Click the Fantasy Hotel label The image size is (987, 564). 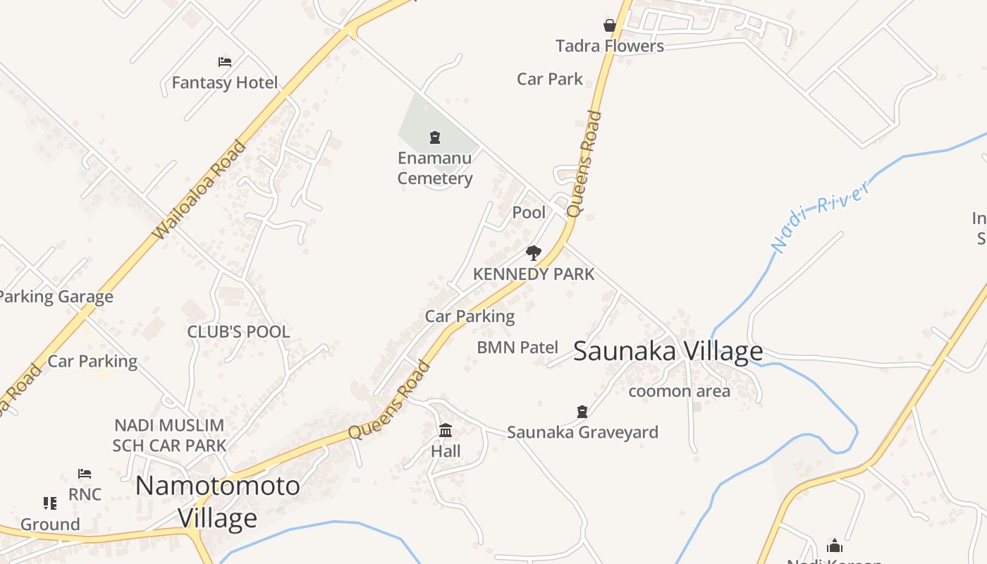(x=225, y=82)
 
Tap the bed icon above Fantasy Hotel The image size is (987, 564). (x=225, y=62)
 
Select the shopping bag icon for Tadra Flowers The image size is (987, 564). (x=610, y=26)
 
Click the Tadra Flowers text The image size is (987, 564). (x=610, y=46)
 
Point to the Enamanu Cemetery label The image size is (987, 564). (x=434, y=168)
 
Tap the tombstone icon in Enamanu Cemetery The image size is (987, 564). (x=434, y=137)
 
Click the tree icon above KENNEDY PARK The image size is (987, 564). (x=534, y=253)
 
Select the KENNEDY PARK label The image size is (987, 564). (x=534, y=274)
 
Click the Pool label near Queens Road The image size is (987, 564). (x=529, y=212)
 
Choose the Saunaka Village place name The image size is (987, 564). (x=668, y=351)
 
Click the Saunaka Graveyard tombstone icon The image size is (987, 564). (x=582, y=411)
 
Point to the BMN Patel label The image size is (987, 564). (x=517, y=347)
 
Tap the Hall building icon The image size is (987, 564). (x=446, y=430)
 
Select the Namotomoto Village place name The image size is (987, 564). (x=217, y=501)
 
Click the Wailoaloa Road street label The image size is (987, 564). (x=200, y=190)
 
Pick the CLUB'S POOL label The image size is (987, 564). (x=238, y=331)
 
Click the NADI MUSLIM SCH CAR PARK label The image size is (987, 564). (x=169, y=435)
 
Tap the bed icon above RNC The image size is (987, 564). (x=85, y=474)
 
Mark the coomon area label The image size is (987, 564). (x=679, y=391)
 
